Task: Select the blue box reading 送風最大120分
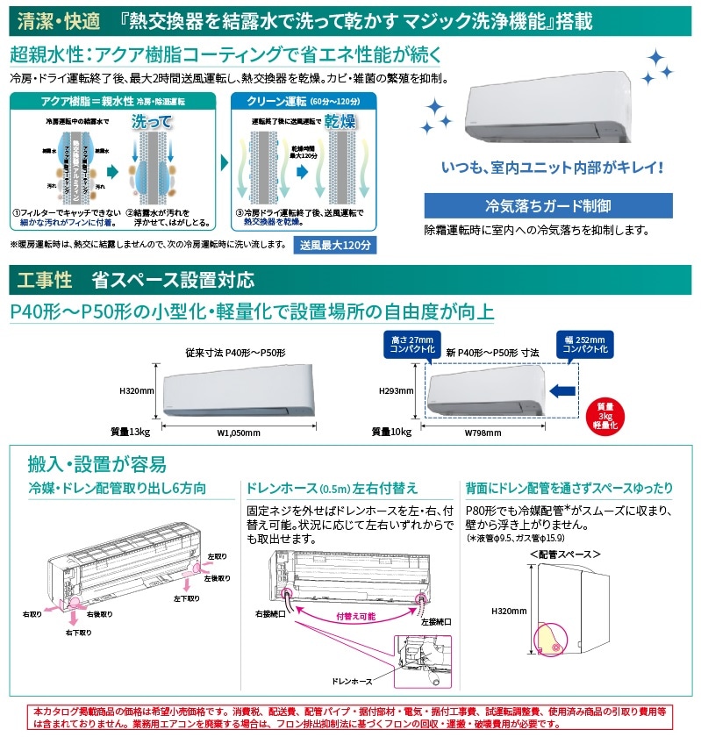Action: coord(334,244)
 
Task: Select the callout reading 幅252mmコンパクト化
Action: coord(583,343)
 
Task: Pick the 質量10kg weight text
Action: coord(392,432)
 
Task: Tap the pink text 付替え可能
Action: coord(356,617)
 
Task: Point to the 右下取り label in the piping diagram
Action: coord(82,631)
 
